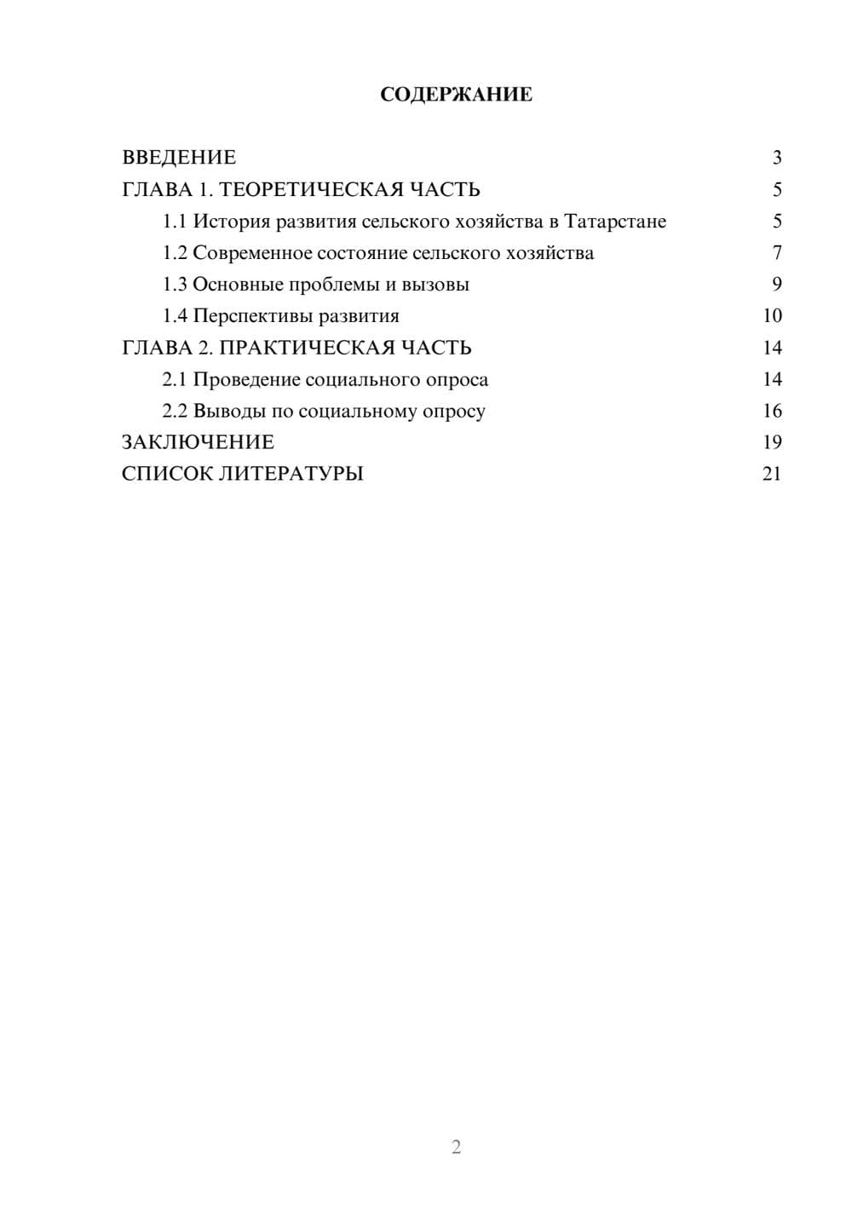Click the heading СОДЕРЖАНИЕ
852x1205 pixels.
[x=456, y=95]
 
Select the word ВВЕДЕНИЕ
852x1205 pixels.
[x=179, y=158]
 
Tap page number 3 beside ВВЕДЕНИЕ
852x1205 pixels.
[x=776, y=158]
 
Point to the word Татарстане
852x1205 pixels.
[x=615, y=222]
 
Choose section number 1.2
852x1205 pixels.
[x=175, y=253]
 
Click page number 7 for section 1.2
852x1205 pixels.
[x=776, y=253]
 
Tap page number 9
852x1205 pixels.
[x=776, y=285]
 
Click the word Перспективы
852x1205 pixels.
[x=252, y=316]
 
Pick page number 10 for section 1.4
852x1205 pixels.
[x=772, y=316]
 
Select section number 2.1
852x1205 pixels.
[x=175, y=379]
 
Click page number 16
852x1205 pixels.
[x=772, y=411]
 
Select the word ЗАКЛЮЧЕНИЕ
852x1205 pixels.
[x=198, y=442]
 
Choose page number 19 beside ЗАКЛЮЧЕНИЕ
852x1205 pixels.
[x=772, y=442]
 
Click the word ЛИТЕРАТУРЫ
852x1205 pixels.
[x=291, y=474]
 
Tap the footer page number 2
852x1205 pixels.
[x=456, y=1147]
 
